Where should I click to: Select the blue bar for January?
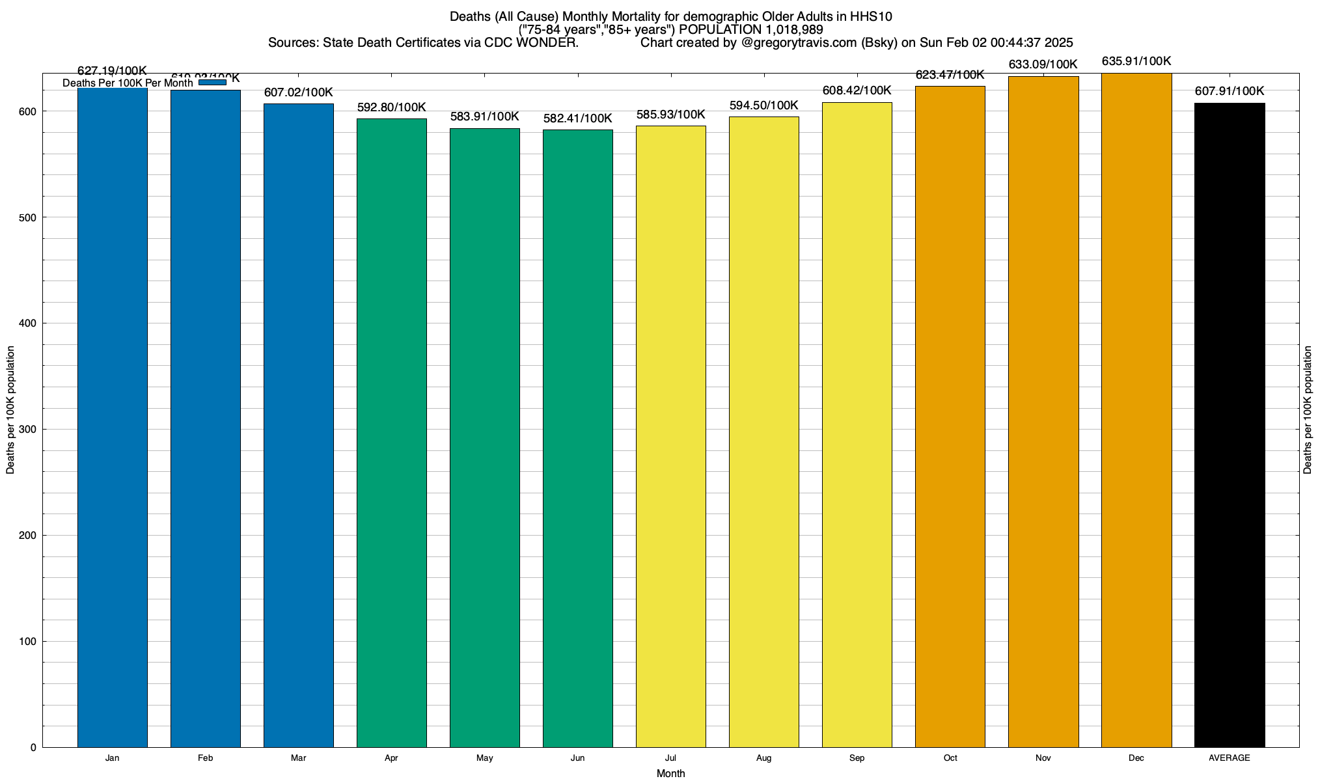112,417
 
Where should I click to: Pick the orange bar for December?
1136,410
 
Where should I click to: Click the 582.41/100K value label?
577,118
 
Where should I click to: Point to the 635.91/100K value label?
1136,62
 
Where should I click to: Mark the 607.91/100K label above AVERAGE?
1230,91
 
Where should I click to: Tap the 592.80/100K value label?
391,107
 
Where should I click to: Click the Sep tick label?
857,758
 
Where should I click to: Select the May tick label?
484,758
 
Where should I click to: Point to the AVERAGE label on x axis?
1229,758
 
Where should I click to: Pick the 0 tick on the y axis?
33,748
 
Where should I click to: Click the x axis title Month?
670,774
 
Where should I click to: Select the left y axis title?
10,410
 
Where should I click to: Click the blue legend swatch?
212,82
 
